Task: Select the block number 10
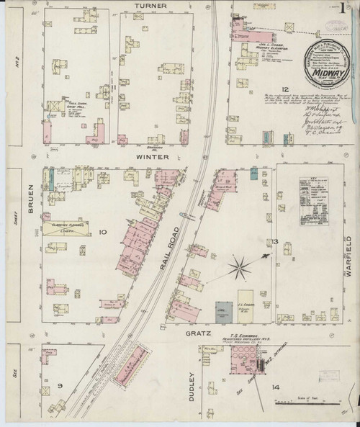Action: [x=102, y=232]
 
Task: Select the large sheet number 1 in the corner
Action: [x=348, y=12]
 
